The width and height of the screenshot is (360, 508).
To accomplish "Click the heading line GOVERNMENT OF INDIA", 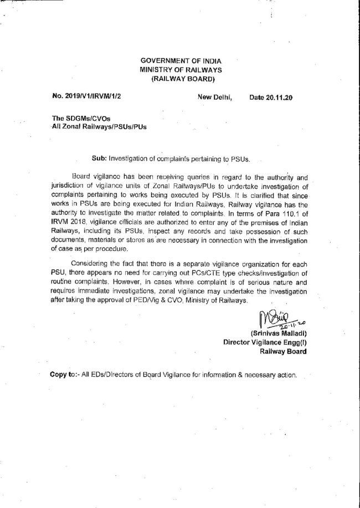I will click(179, 60).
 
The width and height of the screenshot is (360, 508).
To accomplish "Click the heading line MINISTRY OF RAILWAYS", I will click(179, 69).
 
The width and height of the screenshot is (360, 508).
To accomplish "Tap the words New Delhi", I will click(214, 98).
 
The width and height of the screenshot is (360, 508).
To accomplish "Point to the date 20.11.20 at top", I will click(279, 98).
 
